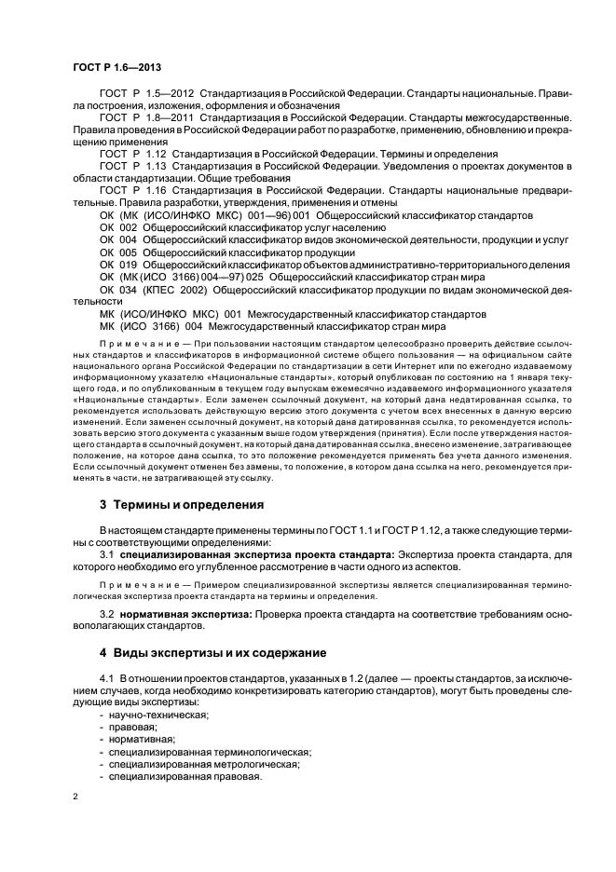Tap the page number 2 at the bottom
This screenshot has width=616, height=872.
coord(75,797)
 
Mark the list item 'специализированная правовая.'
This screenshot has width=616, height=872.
coord(185,776)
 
